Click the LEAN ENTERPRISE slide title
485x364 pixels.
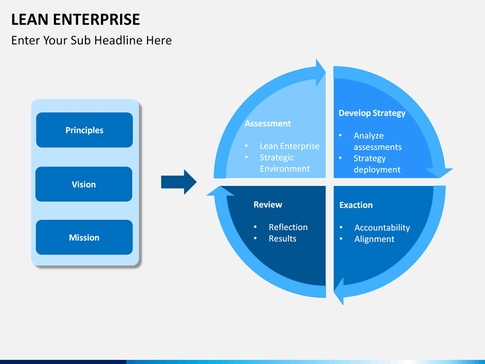click(75, 19)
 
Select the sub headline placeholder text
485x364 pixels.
click(92, 40)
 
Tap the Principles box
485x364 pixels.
click(84, 130)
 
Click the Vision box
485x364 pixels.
click(84, 184)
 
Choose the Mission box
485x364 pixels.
click(84, 237)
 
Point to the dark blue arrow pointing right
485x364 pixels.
click(179, 182)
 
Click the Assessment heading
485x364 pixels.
click(267, 123)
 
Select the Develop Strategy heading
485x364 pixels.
click(372, 113)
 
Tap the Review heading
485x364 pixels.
click(267, 204)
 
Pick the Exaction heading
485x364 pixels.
click(356, 205)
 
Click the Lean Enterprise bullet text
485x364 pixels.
click(290, 146)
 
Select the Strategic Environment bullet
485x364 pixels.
click(285, 163)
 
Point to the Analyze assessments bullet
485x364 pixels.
click(377, 141)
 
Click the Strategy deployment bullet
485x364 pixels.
click(377, 164)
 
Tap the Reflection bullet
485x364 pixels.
click(288, 227)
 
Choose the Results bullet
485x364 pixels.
click(282, 239)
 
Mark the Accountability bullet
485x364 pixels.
click(382, 228)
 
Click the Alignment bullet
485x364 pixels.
click(375, 239)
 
